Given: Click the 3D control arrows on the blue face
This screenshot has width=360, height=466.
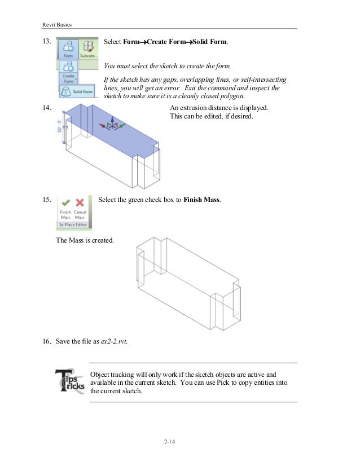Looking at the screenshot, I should (112, 125).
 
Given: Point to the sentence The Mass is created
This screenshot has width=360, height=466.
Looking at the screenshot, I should (85, 240).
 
